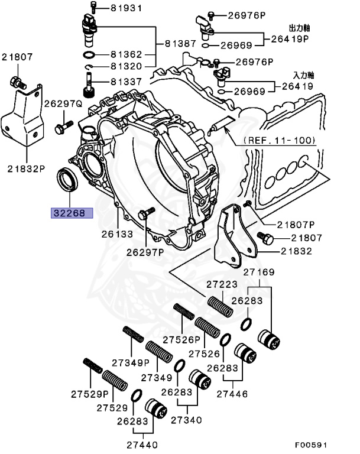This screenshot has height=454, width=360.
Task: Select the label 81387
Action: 180,44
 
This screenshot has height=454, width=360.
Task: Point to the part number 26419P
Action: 290,40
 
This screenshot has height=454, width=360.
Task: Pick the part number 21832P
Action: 27,167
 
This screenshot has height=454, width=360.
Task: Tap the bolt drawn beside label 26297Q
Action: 62,126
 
